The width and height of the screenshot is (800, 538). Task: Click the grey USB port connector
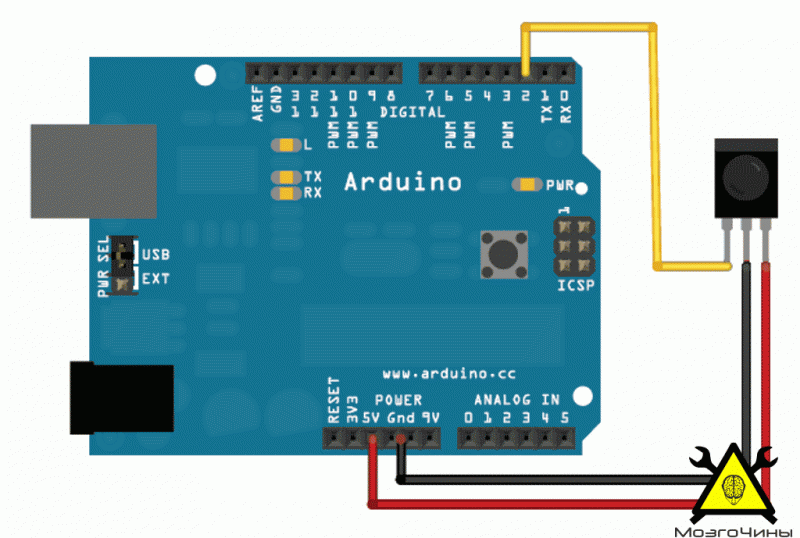94,171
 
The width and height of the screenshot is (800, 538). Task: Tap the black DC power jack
122,398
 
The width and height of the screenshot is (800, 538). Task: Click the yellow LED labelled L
286,145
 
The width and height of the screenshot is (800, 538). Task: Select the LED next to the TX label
286,177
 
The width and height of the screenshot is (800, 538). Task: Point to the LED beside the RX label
286,193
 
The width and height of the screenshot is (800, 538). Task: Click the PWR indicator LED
527,184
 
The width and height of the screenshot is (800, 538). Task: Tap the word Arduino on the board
403,182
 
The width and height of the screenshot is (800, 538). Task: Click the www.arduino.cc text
449,374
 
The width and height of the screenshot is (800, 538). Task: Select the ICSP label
576,285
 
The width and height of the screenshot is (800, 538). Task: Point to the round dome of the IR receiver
746,178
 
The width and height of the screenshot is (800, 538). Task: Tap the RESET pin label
334,401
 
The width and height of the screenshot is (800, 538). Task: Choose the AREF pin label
258,104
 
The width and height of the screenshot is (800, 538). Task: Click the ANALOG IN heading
517,400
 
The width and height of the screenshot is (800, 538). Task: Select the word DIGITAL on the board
412,112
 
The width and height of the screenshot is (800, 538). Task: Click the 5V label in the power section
371,418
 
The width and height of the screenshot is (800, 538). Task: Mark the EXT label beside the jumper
156,279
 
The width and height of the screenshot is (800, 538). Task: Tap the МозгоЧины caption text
727,532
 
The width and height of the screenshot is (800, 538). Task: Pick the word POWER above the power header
398,400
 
